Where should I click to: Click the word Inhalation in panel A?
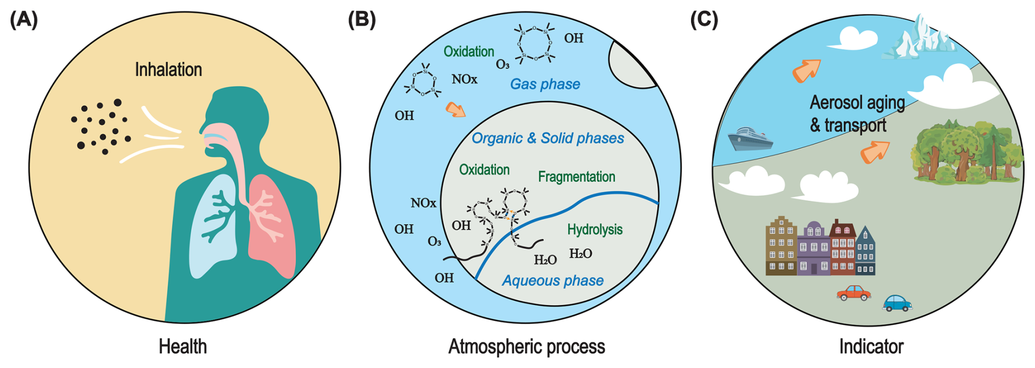[168, 70]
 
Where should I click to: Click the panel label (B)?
[362, 20]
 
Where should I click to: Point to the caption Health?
[183, 347]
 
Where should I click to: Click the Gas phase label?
[545, 84]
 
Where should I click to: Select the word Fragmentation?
[577, 177]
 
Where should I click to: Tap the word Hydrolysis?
[595, 230]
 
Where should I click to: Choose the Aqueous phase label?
[553, 281]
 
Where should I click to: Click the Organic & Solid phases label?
[548, 138]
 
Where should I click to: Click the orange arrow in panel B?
[455, 109]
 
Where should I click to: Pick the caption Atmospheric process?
[526, 347]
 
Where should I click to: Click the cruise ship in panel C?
[750, 139]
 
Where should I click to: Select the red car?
[853, 293]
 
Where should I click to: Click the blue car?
[897, 303]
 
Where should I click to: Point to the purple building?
[813, 248]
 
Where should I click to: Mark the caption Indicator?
[871, 347]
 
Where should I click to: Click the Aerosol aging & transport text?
[856, 114]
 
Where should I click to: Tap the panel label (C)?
[704, 20]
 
